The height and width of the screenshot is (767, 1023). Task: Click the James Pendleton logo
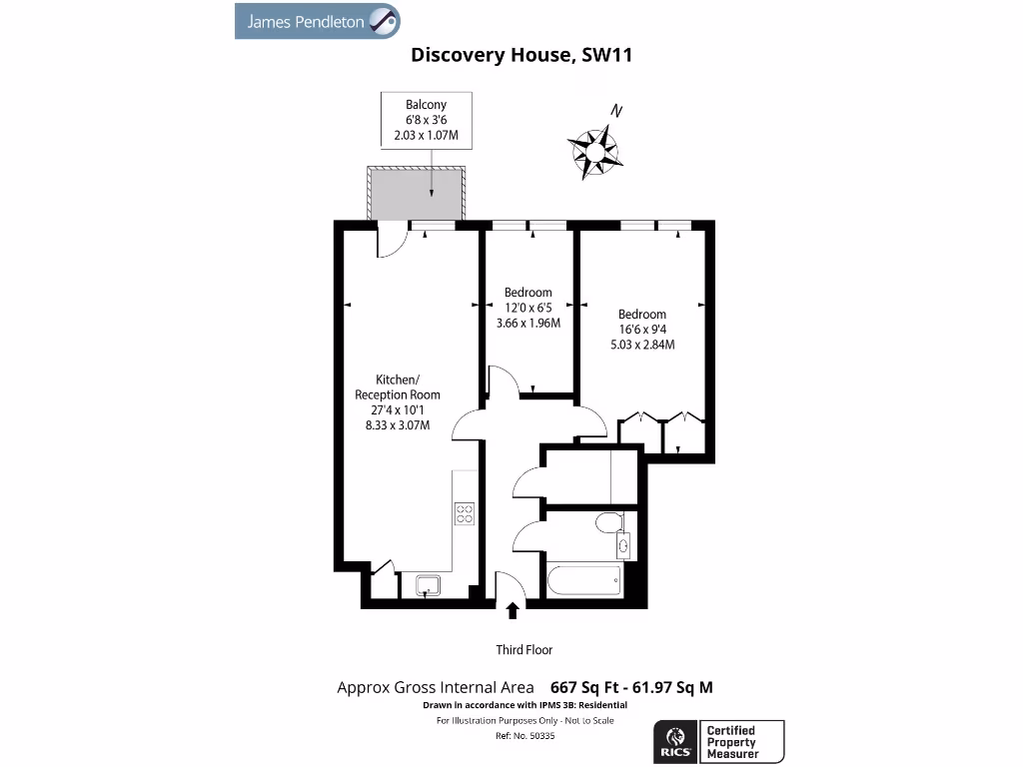318,21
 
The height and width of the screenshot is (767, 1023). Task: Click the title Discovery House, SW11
521,56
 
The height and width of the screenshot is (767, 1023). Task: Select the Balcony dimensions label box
426,119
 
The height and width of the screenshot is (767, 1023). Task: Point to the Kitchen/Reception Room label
397,401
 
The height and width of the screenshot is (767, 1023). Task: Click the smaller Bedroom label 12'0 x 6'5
527,308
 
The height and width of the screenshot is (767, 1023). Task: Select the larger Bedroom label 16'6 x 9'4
641,330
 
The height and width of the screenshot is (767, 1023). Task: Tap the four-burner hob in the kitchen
465,513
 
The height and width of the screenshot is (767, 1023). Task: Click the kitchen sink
428,584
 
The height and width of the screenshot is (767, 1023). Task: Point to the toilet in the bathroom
606,522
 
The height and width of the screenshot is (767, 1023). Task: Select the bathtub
584,580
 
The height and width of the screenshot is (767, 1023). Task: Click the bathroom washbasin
624,544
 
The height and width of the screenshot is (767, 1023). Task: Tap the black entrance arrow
513,610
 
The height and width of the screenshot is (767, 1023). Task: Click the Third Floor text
524,650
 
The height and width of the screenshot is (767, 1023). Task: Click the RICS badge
672,742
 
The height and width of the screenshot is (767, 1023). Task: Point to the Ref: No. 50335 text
524,735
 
